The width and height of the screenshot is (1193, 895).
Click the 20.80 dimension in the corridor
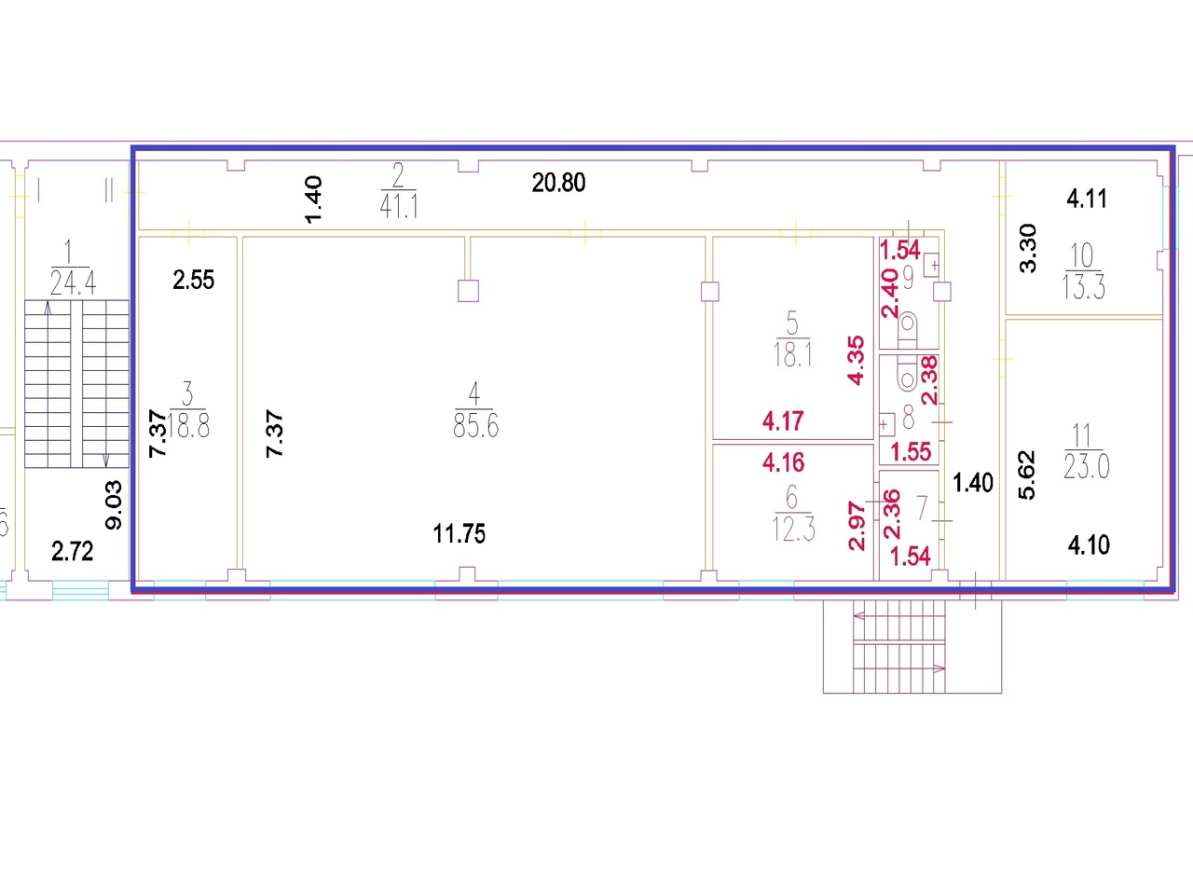coord(558,183)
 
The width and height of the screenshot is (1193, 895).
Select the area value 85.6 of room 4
coord(475,426)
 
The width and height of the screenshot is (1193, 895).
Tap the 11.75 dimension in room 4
coord(459,534)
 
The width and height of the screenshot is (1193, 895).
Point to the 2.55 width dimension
coord(193,280)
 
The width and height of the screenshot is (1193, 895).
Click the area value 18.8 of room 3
coord(190,426)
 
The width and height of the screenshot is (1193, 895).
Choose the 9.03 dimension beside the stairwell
coord(114,504)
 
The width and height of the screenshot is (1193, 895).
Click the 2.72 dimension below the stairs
coord(72,551)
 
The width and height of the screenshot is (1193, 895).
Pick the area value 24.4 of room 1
coord(72,282)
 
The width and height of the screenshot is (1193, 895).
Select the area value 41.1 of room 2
coord(398,206)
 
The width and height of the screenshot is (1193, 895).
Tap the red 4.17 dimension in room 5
coord(783,421)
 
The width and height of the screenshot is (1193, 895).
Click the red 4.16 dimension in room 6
coord(783,462)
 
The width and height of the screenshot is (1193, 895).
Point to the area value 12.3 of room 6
coord(793,530)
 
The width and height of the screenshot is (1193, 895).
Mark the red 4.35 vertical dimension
coord(856,361)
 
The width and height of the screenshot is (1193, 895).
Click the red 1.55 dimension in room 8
coord(911,452)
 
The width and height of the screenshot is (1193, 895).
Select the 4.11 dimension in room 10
coord(1087,198)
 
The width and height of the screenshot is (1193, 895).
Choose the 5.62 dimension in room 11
coord(1027,475)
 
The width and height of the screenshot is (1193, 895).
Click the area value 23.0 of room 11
coord(1086,466)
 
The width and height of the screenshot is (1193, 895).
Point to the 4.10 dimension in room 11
coord(1089,544)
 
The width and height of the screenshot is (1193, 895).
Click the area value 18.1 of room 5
coord(792,354)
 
